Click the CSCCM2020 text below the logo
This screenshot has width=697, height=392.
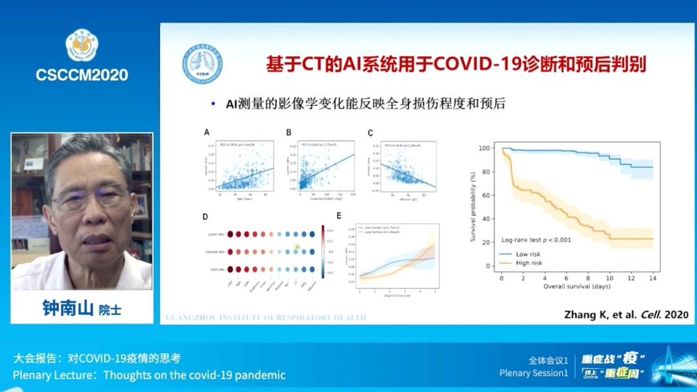(81, 75)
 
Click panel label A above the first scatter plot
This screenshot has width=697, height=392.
(207, 133)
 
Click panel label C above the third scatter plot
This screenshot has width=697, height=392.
(370, 133)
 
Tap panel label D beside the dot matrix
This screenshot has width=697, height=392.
(205, 217)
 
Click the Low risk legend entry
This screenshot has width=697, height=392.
(527, 254)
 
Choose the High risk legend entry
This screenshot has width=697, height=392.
(529, 263)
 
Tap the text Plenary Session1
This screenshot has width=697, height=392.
(534, 373)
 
